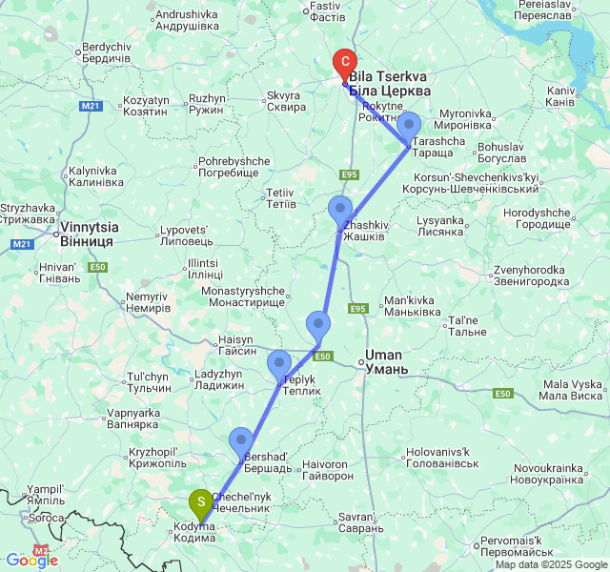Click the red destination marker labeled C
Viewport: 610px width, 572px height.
point(345,63)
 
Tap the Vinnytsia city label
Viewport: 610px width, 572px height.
point(88,235)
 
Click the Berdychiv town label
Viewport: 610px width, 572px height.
point(106,52)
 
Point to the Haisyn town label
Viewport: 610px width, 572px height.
point(236,345)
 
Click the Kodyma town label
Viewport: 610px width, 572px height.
point(193,532)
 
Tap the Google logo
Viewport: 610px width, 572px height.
point(31,561)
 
